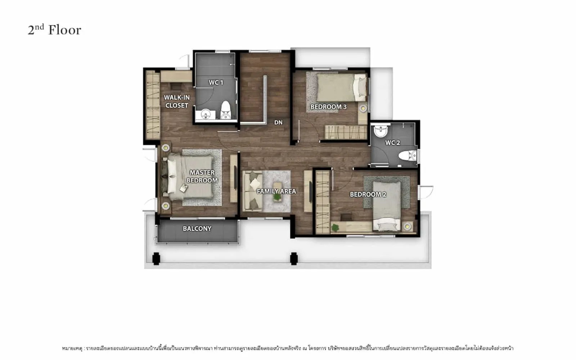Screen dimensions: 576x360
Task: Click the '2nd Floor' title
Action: (54, 30)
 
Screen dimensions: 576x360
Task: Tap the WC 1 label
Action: (216, 82)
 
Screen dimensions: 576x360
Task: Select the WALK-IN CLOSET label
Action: (177, 101)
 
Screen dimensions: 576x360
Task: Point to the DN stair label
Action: (278, 122)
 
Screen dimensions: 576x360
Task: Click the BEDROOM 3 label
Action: (328, 107)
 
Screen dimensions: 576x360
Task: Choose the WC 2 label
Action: (392, 143)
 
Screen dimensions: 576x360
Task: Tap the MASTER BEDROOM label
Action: (202, 176)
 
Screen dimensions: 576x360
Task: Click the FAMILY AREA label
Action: (276, 191)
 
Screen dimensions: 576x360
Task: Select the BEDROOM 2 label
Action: (368, 194)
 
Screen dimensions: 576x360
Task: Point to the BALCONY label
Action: (197, 229)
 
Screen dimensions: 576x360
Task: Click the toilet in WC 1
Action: (225, 110)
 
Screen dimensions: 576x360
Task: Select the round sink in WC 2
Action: (380, 131)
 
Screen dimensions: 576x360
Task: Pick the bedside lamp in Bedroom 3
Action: (363, 108)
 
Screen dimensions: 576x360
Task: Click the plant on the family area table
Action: (277, 197)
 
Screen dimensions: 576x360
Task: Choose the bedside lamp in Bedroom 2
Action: (407, 226)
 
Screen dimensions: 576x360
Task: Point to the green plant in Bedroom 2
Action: (335, 228)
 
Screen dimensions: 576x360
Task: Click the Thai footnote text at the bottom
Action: (288, 348)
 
